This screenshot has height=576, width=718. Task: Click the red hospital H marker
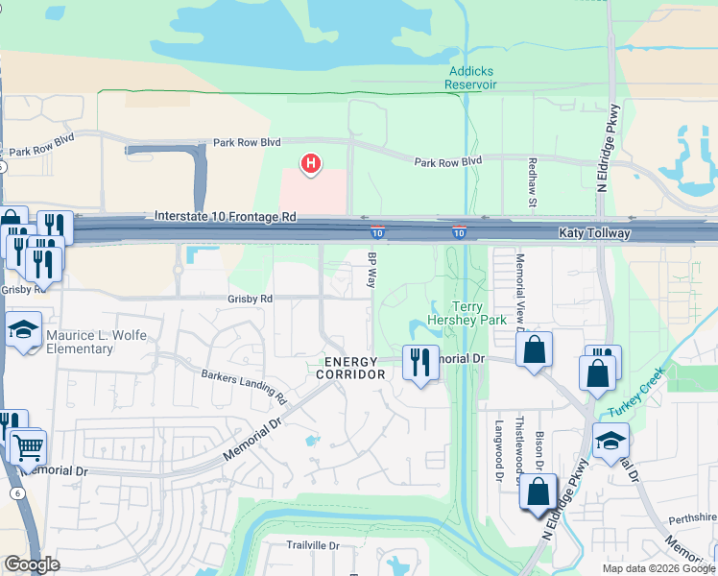click(x=311, y=164)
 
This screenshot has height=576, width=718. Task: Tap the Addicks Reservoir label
click(x=470, y=77)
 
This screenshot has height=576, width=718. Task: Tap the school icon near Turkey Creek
click(x=610, y=443)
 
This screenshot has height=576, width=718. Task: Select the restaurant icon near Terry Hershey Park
click(x=419, y=362)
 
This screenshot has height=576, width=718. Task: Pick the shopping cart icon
click(x=29, y=446)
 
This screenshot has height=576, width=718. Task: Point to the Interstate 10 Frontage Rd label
click(x=226, y=218)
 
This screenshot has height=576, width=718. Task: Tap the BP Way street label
click(x=371, y=270)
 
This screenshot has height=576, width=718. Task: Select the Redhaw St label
click(x=531, y=179)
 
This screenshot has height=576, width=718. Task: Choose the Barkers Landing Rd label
click(x=244, y=385)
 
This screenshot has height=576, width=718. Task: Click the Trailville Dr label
click(x=313, y=545)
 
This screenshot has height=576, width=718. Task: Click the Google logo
click(x=33, y=564)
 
